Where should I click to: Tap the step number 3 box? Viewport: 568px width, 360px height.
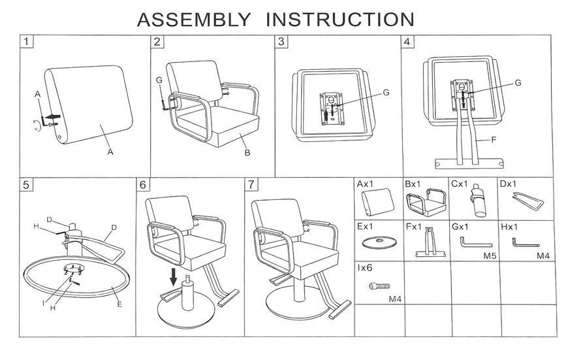click(281, 41)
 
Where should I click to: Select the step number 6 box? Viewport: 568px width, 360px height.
click(143, 184)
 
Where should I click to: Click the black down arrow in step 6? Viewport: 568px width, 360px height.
click(174, 277)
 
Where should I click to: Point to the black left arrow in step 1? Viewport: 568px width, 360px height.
click(54, 116)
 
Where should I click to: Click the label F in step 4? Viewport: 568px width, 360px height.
click(493, 140)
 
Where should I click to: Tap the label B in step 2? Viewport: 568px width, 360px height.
click(247, 153)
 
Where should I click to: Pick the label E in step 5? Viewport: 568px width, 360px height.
click(119, 304)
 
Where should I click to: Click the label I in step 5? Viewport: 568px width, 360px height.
click(44, 303)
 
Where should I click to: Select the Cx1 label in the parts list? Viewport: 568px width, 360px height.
click(460, 184)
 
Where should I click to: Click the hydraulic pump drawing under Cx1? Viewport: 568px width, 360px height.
click(478, 201)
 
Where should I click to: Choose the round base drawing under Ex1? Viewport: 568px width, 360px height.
click(379, 242)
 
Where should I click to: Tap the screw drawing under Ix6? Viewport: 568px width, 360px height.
click(379, 286)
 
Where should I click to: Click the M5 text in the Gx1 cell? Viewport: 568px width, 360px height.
click(490, 256)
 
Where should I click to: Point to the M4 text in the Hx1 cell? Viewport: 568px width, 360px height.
click(543, 256)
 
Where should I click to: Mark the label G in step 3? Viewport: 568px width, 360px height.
click(386, 93)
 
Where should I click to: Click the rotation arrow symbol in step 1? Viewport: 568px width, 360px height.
click(36, 125)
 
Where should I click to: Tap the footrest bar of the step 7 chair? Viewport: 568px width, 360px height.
click(339, 310)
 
